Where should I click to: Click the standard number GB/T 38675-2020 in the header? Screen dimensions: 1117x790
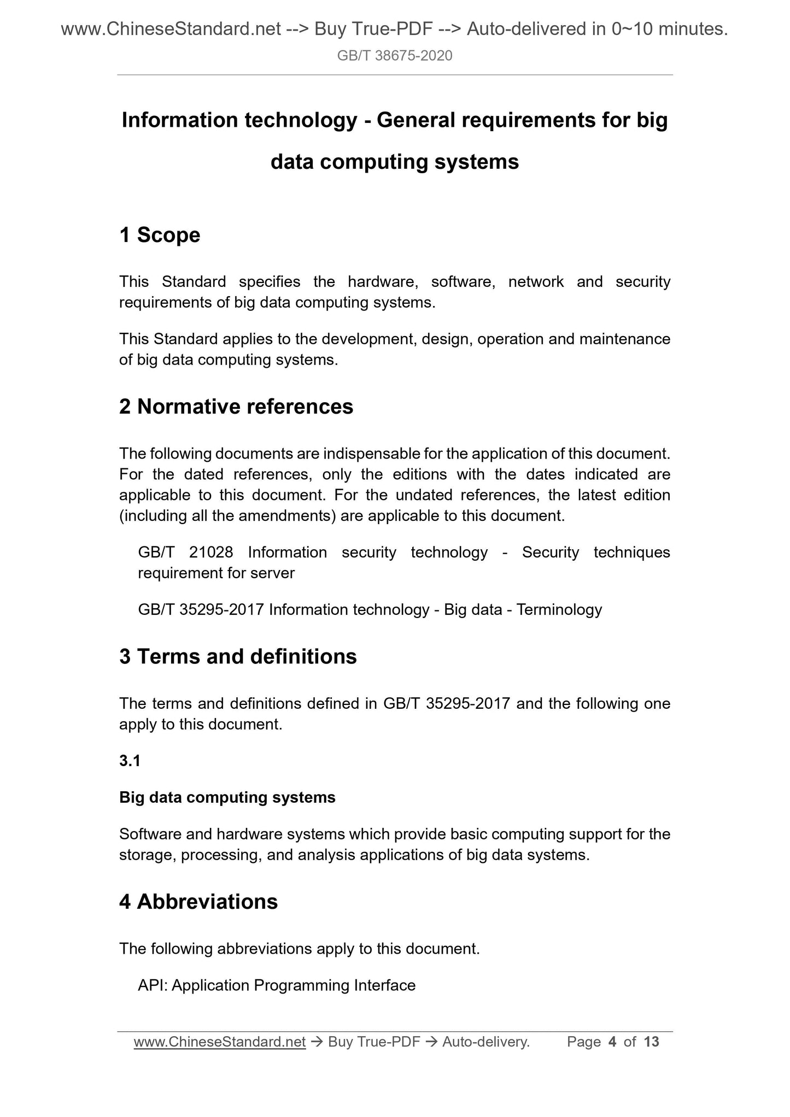click(x=394, y=56)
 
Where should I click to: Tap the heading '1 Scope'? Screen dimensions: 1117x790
click(x=160, y=235)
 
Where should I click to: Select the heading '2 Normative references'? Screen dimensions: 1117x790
click(x=236, y=407)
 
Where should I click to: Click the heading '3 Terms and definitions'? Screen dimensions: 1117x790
click(x=238, y=656)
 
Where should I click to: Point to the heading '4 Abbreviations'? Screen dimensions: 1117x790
click(x=198, y=902)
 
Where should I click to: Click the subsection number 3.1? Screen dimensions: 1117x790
click(x=130, y=761)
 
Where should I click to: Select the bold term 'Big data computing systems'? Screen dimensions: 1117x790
click(x=227, y=797)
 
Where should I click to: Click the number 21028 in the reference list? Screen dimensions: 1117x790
click(x=211, y=552)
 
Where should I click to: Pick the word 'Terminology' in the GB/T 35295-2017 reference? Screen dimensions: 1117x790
click(x=559, y=609)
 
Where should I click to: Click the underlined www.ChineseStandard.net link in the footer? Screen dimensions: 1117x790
click(x=219, y=1042)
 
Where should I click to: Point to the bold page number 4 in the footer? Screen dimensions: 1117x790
click(x=612, y=1042)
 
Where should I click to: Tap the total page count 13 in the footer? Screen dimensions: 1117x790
click(x=651, y=1042)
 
